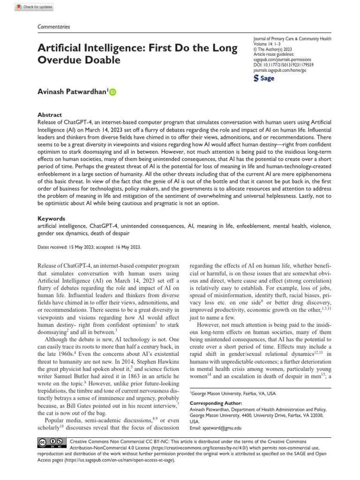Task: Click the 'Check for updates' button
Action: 34,7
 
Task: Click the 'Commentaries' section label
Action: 53,27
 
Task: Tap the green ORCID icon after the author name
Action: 112,92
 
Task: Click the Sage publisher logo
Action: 264,78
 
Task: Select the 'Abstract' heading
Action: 50,114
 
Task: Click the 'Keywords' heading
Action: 51,218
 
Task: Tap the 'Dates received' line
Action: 89,247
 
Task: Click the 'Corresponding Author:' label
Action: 216,403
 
